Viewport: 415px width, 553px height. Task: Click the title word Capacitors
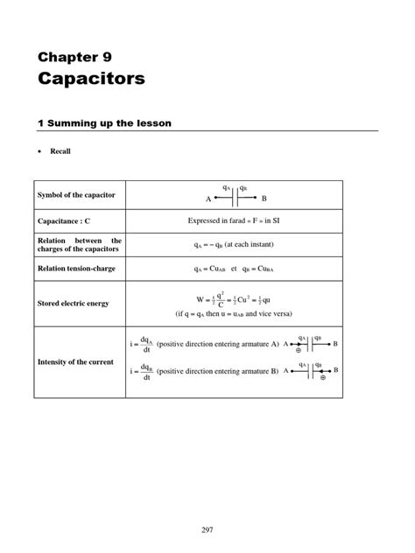click(x=90, y=79)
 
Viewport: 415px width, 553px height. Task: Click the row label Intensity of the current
click(x=75, y=361)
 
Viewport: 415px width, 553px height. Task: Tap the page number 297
click(x=207, y=529)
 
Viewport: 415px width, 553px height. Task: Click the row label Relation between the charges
click(x=80, y=245)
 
